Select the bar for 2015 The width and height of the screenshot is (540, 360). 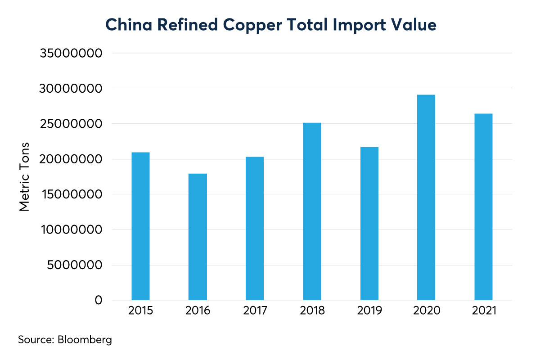click(x=140, y=226)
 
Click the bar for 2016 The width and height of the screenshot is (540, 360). click(x=198, y=237)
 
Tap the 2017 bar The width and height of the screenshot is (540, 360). click(x=255, y=229)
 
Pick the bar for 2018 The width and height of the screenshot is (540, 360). click(x=312, y=211)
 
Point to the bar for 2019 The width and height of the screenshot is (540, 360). click(x=369, y=224)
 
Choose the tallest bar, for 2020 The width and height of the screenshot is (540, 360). click(x=426, y=198)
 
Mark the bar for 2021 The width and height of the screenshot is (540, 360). click(x=483, y=207)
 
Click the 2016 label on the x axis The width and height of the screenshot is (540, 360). click(x=198, y=311)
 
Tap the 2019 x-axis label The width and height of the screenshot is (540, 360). click(x=369, y=311)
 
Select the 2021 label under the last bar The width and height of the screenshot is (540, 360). click(x=483, y=311)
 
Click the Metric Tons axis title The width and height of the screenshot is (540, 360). click(x=25, y=177)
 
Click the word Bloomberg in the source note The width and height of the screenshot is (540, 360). click(x=85, y=339)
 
